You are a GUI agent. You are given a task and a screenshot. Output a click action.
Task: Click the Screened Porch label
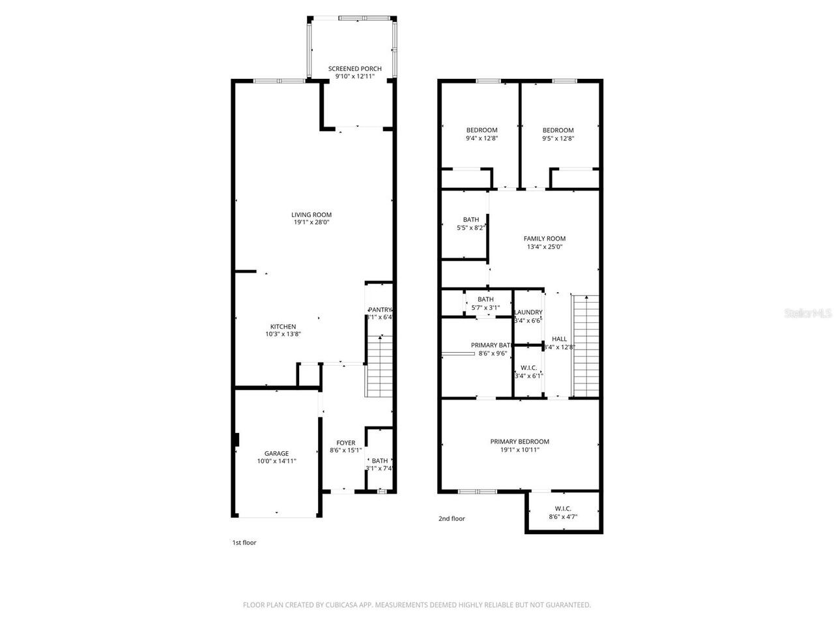(354, 68)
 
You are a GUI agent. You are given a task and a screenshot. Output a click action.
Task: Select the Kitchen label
(283, 327)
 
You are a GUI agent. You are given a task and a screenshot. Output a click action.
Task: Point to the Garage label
(276, 453)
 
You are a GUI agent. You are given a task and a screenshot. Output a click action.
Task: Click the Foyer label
(345, 443)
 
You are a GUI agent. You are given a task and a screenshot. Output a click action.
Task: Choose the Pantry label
(379, 310)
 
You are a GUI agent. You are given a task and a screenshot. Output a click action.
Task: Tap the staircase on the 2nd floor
(585, 346)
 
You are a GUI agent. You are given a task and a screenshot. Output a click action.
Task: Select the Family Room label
(545, 239)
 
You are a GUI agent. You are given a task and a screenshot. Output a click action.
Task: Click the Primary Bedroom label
(519, 441)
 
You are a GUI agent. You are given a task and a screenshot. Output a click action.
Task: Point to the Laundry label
(528, 312)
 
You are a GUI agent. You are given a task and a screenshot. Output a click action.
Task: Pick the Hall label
(559, 339)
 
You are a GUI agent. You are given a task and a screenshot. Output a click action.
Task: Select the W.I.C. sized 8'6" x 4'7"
(563, 513)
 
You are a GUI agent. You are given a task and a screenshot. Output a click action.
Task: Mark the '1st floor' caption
(244, 543)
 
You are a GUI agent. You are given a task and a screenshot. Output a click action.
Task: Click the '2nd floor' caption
(452, 519)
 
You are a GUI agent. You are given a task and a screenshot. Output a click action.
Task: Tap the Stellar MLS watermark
(808, 314)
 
